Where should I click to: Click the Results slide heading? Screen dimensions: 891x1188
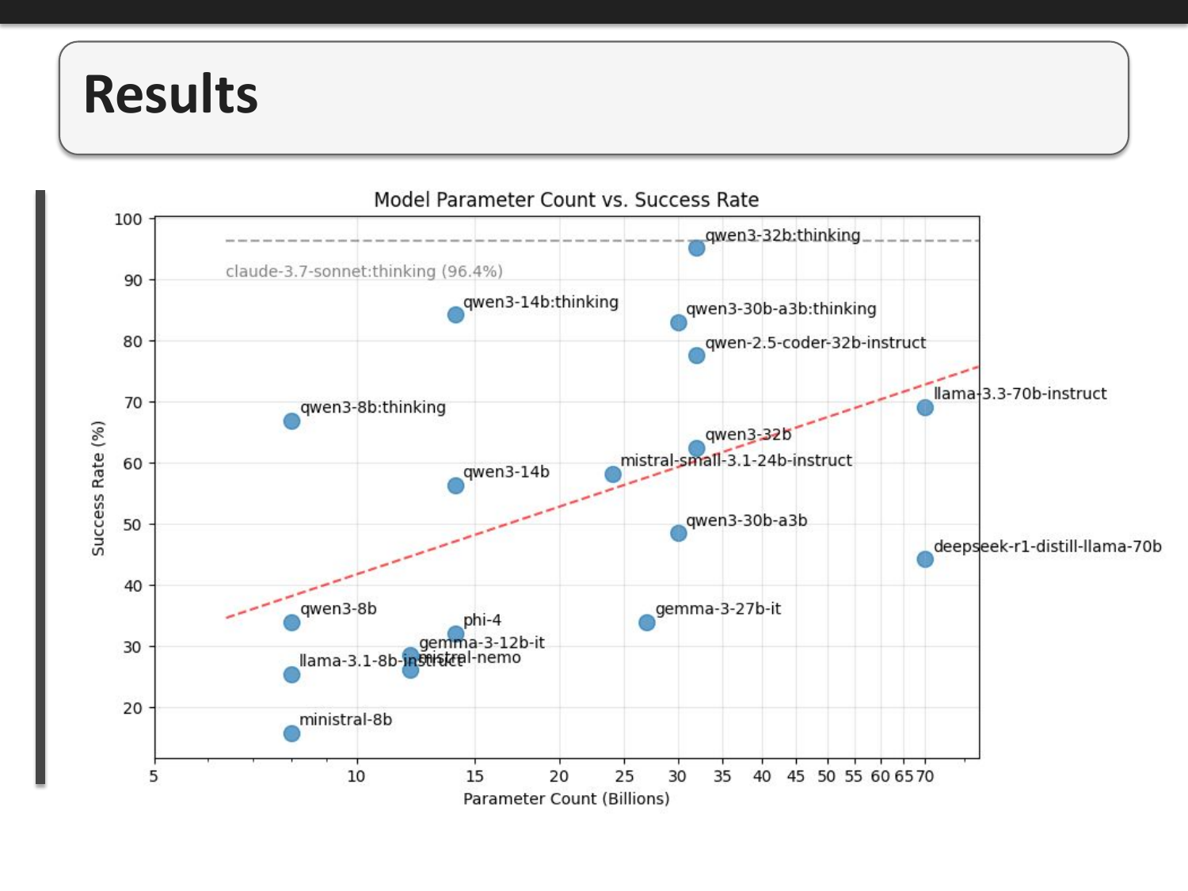click(170, 94)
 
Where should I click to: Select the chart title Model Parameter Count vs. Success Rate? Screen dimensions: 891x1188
click(566, 200)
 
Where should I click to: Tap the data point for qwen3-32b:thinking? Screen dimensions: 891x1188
click(696, 248)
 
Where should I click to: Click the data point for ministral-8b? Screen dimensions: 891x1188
click(291, 733)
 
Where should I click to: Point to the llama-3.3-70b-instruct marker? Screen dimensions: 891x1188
click(925, 407)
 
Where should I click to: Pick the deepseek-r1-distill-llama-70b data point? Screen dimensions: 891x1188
click(925, 559)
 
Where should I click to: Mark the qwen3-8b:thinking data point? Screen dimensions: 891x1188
click(291, 421)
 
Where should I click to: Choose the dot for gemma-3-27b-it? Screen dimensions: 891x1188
click(647, 623)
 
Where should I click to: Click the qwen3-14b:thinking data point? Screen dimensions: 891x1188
click(455, 314)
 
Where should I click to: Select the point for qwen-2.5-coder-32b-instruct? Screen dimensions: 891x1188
click(696, 356)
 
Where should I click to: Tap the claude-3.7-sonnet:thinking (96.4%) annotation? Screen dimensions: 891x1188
click(364, 272)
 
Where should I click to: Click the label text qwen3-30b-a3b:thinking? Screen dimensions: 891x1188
click(781, 309)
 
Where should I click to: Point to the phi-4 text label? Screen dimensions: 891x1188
click(482, 620)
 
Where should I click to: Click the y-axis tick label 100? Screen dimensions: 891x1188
click(128, 219)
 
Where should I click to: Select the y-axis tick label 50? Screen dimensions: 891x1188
click(132, 524)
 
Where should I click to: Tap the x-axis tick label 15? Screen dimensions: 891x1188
click(474, 776)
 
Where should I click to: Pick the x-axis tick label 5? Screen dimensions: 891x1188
click(154, 776)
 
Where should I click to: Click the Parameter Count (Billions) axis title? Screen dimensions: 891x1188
click(566, 798)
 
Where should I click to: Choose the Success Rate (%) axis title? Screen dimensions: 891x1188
click(98, 488)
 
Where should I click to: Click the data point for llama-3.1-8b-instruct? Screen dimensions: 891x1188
click(291, 674)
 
